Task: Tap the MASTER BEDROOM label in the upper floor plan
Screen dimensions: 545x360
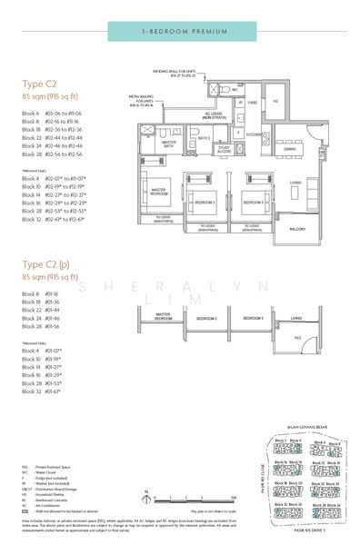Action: click(x=158, y=192)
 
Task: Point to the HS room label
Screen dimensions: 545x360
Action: click(x=277, y=102)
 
